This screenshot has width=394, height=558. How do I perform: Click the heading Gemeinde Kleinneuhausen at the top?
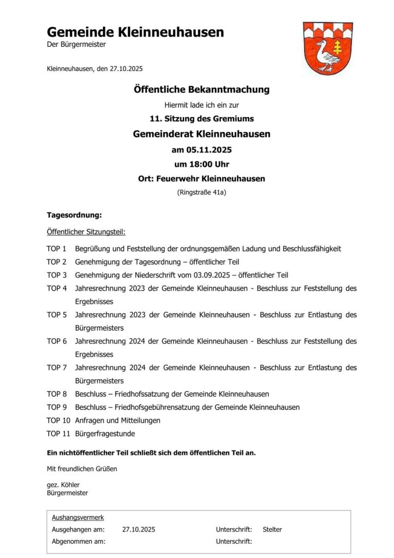click(x=135, y=32)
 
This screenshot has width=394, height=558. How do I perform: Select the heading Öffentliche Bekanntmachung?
click(x=201, y=89)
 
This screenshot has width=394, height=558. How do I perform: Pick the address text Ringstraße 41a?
click(x=202, y=192)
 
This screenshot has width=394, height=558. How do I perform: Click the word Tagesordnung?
click(x=74, y=215)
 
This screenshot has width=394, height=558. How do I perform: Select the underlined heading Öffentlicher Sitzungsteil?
click(x=86, y=232)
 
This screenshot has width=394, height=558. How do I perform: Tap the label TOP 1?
click(x=57, y=249)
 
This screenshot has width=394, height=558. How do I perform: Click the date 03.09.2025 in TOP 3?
click(x=221, y=275)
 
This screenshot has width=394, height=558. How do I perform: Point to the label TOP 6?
click(x=57, y=341)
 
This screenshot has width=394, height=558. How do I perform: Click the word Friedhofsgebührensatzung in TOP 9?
click(x=144, y=407)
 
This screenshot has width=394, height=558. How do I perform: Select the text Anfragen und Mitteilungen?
click(x=118, y=420)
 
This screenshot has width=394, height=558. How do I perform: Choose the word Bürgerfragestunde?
click(x=105, y=434)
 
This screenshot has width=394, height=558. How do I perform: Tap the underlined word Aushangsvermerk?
click(x=78, y=517)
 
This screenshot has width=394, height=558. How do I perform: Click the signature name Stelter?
click(x=272, y=529)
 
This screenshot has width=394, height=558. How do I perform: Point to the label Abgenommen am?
click(x=78, y=541)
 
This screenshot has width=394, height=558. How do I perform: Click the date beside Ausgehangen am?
click(x=139, y=529)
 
